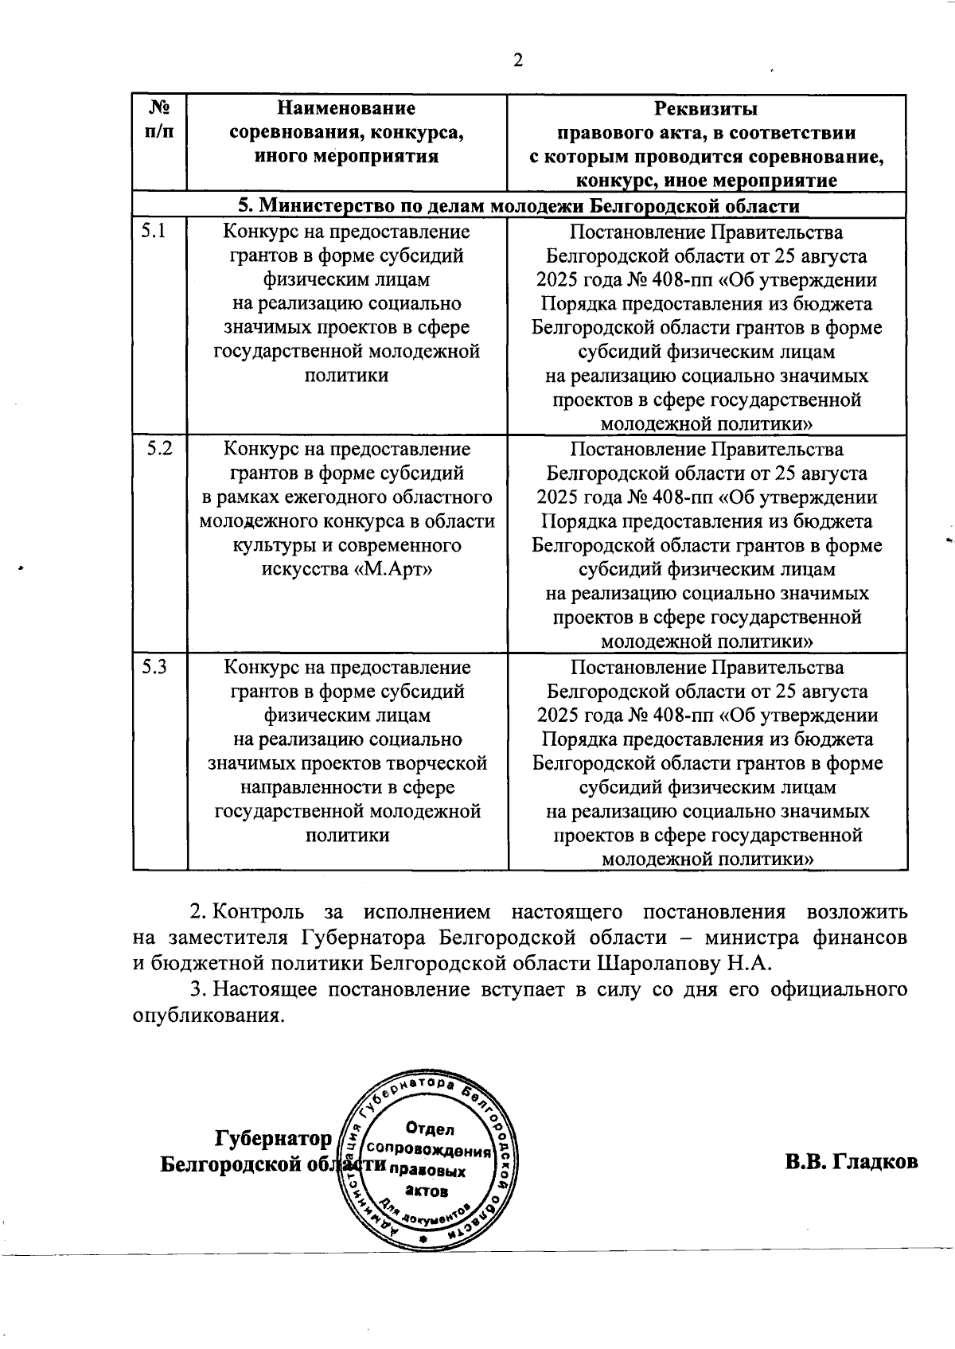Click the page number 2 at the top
[518, 61]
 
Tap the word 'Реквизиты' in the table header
[706, 108]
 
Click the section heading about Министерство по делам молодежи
[519, 206]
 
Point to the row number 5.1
[154, 232]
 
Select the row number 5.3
[154, 666]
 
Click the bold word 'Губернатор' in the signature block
[273, 1140]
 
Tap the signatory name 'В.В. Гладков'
[851, 1161]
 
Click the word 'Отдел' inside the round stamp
[429, 1129]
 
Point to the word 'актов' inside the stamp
[427, 1191]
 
